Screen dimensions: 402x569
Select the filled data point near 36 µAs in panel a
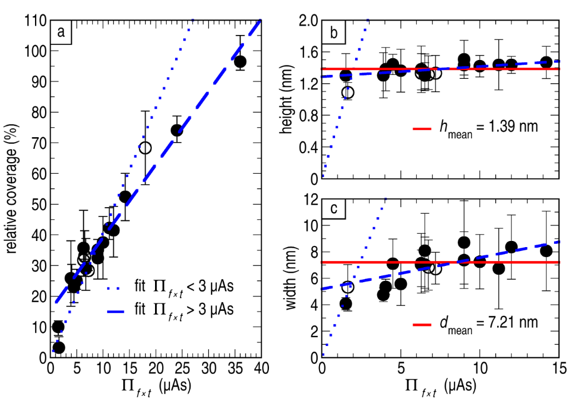(240, 61)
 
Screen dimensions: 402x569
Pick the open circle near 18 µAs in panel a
(145, 148)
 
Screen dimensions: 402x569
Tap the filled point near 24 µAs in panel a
(177, 130)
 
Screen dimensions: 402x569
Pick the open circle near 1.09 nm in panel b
(347, 92)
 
